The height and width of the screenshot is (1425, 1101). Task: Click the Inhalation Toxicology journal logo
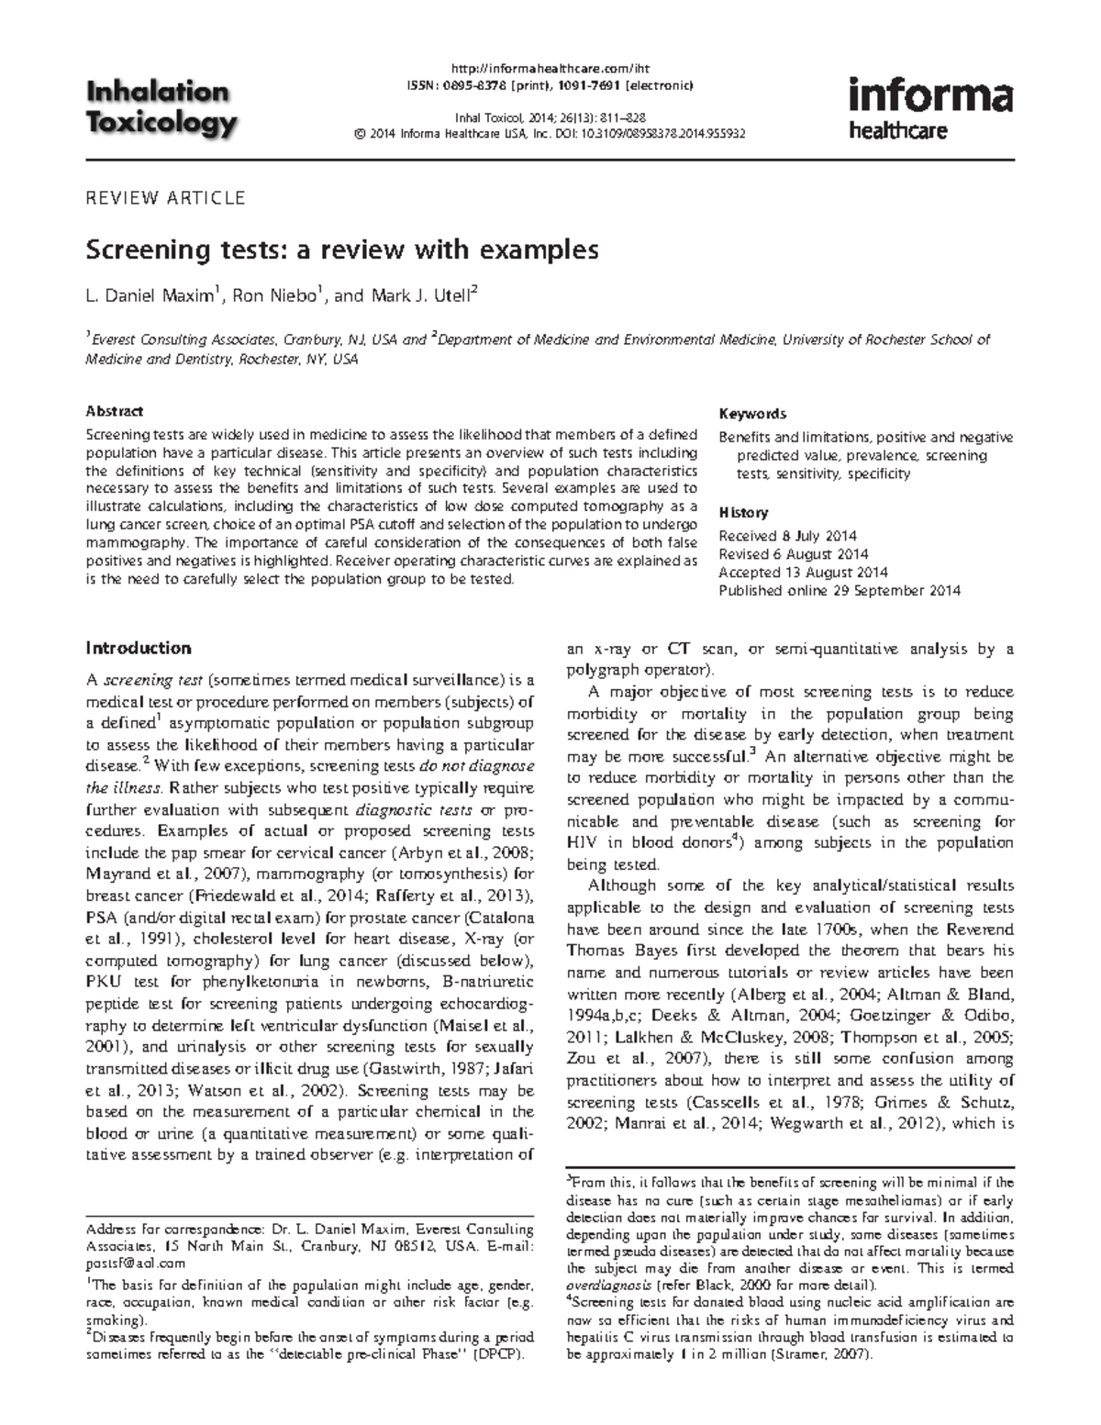(161, 107)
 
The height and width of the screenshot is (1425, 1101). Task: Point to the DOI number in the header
(657, 133)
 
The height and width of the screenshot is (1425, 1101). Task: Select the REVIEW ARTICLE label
(165, 197)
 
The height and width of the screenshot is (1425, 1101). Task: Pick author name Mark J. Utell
(419, 295)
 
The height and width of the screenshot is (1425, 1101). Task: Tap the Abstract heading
(114, 412)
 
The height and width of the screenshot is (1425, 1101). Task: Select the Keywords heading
(752, 414)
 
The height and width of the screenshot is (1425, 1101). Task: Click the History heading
(743, 513)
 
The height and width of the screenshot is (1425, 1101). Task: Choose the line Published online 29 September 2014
(840, 591)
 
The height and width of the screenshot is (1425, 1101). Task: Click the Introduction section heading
(139, 649)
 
